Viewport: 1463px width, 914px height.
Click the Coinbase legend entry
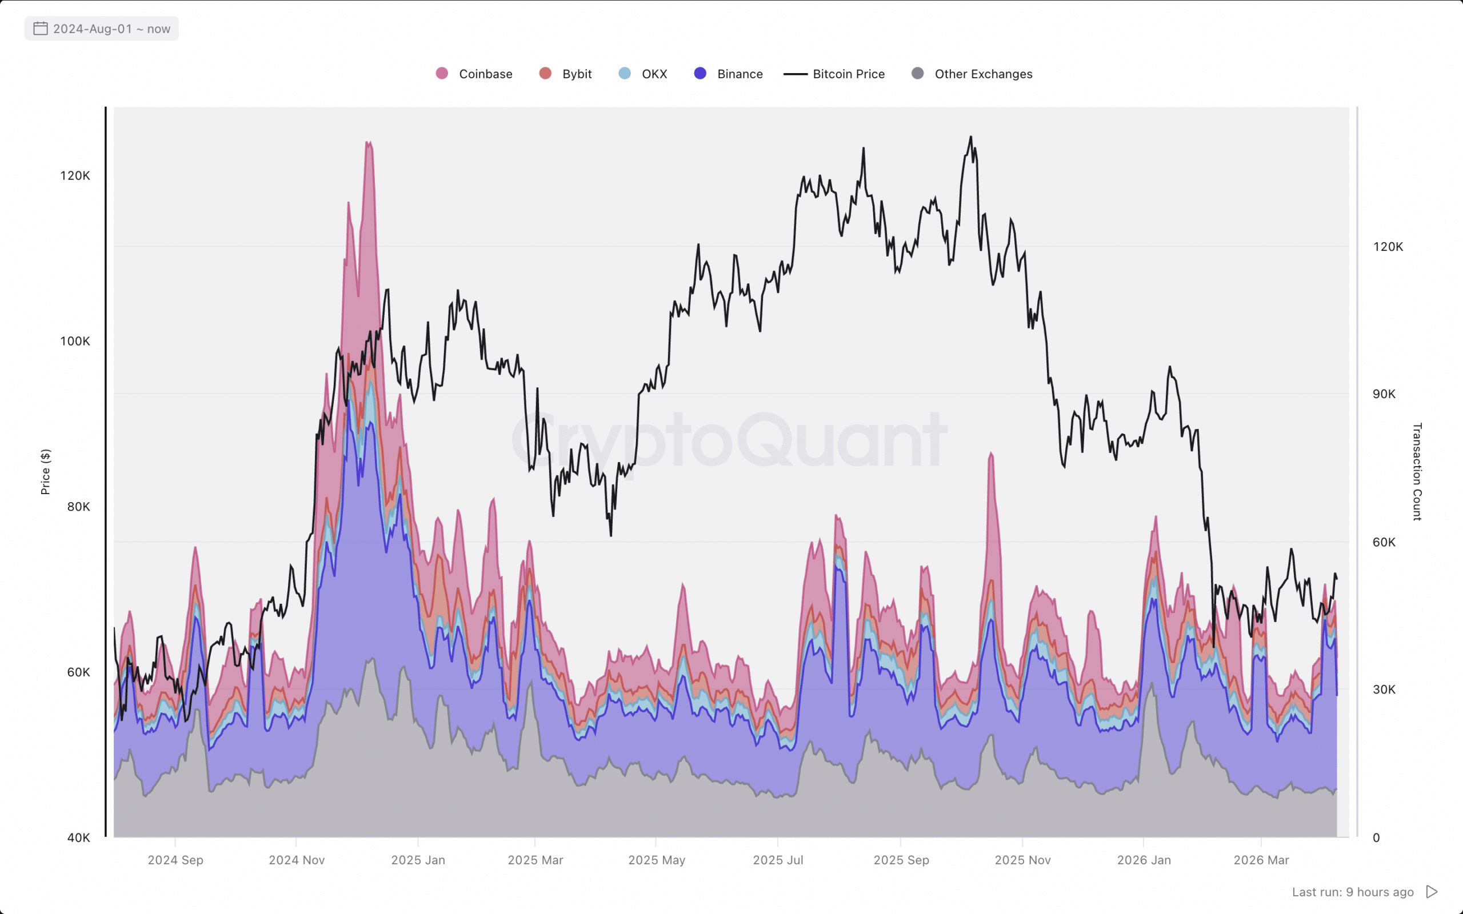click(474, 74)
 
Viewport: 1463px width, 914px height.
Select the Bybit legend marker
click(545, 74)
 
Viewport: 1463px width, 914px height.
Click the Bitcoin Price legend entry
click(835, 74)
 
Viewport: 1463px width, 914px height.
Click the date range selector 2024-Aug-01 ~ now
click(102, 29)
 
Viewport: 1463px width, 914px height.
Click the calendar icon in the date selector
click(41, 29)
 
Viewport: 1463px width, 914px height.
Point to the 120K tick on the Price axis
click(75, 176)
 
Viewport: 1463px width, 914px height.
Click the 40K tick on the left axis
click(79, 838)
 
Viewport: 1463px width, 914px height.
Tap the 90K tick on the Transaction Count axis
click(1384, 394)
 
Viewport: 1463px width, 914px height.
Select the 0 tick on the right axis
click(1376, 838)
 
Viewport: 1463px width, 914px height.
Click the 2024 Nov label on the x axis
click(297, 860)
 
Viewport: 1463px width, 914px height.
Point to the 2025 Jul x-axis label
click(778, 860)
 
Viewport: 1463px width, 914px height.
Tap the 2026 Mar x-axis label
click(1261, 860)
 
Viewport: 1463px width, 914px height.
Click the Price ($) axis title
click(45, 472)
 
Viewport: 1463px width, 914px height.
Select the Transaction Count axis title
click(1417, 472)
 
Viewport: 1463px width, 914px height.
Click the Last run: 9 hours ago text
click(1353, 892)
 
